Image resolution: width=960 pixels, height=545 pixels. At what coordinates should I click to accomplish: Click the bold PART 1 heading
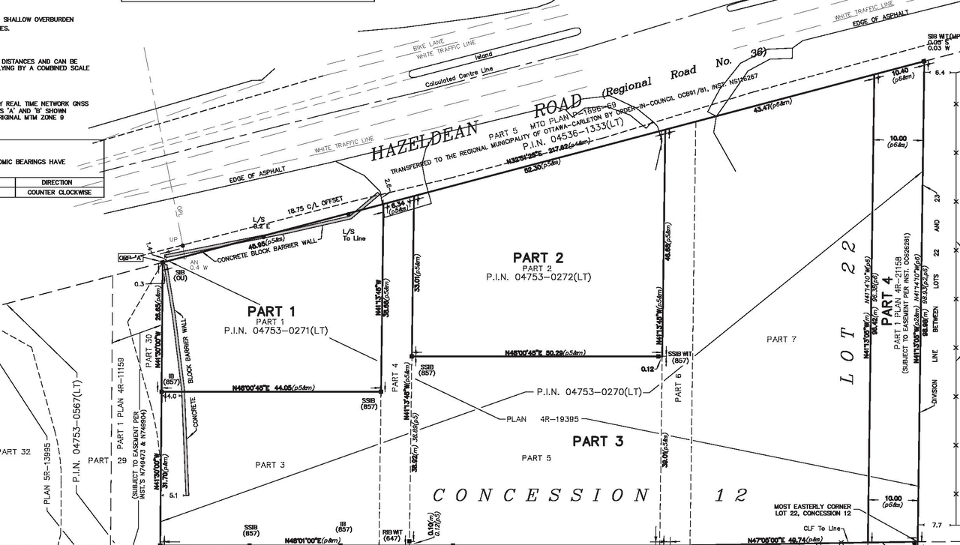271,311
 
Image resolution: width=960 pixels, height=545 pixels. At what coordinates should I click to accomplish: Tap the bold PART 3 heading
598,441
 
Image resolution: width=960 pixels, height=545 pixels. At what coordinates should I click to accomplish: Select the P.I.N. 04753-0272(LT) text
538,277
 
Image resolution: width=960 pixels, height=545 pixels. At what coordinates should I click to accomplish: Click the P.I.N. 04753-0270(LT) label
589,391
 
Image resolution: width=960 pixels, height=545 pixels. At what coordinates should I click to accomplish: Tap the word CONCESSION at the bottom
540,495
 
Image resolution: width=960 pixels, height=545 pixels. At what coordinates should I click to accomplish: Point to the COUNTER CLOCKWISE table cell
59,193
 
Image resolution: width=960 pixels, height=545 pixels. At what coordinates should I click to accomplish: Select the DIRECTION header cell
57,182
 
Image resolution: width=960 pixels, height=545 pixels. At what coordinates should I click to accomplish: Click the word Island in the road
483,56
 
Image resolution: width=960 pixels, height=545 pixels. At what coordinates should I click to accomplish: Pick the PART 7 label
781,340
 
